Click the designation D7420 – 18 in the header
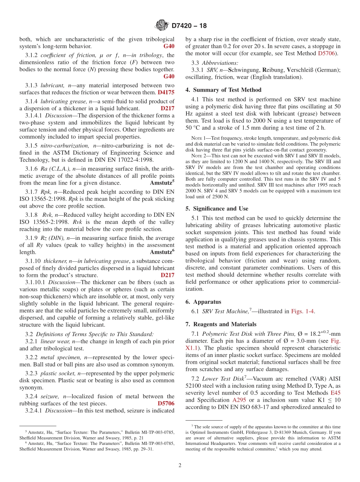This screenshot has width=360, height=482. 189,26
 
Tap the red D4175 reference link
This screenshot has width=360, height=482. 166,92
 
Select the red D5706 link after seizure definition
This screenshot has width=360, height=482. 166,404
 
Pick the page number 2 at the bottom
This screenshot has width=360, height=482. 180,465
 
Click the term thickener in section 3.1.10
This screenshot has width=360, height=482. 55,261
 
